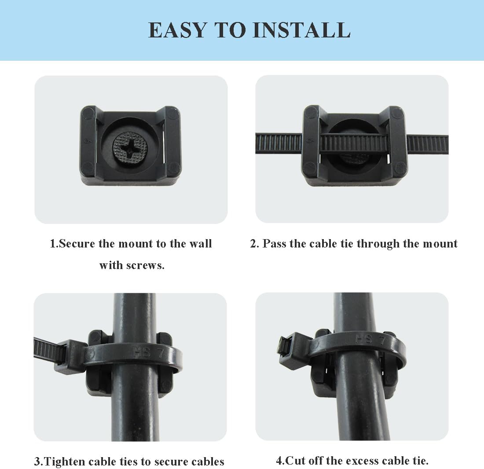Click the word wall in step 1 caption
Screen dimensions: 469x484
(201, 244)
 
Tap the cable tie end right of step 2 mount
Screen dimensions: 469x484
(427, 144)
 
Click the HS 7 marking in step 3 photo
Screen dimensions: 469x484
(144, 352)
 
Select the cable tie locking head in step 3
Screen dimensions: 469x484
(69, 357)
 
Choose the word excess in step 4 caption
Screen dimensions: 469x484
(361, 461)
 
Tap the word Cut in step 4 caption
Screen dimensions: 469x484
(294, 461)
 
